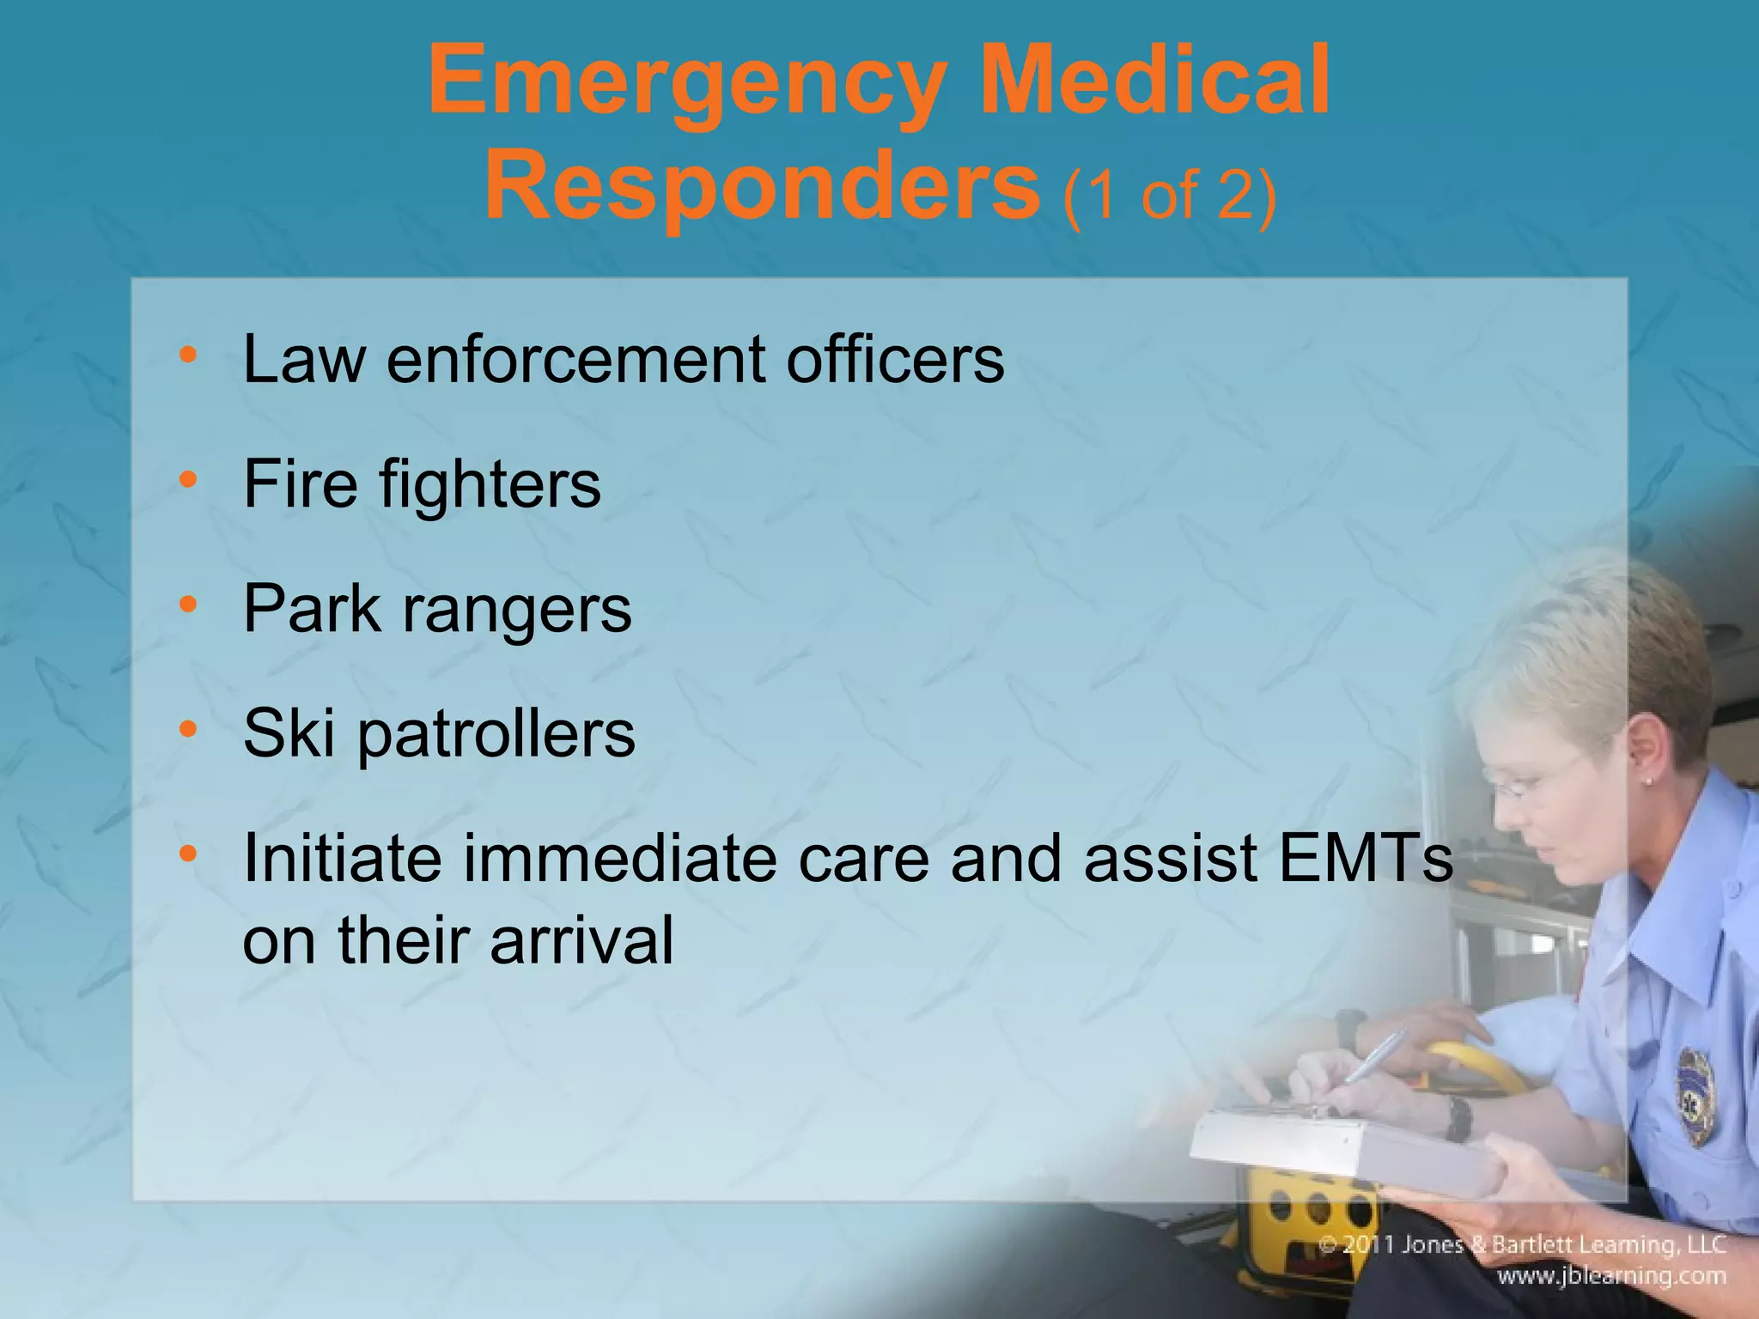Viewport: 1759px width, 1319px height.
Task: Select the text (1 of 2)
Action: coord(1169,196)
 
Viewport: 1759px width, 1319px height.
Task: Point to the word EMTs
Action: coord(1366,858)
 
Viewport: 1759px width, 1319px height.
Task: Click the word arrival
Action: coord(581,941)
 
